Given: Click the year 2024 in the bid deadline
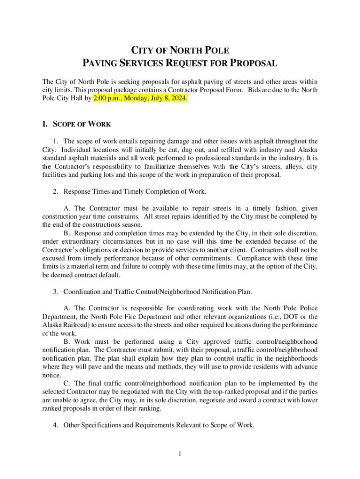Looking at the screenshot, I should pyautogui.click(x=178, y=99).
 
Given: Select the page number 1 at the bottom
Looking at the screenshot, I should pyautogui.click(x=180, y=453).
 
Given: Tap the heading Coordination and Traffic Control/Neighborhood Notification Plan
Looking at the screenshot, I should pyautogui.click(x=157, y=292).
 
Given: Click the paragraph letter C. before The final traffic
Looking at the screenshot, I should pyautogui.click(x=66, y=383).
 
